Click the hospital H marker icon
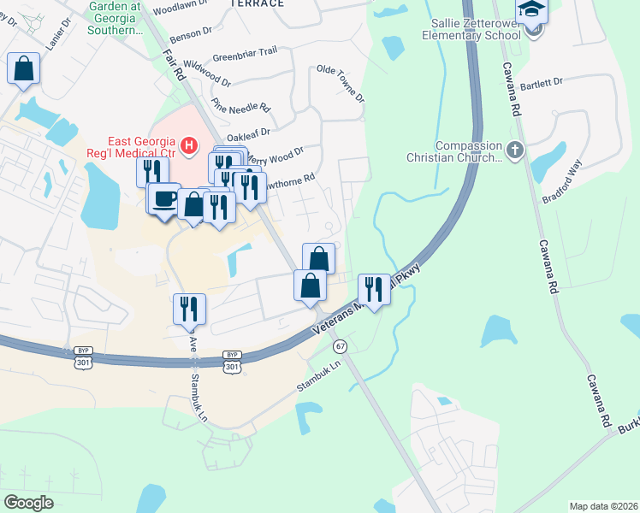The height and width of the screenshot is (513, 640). [189, 147]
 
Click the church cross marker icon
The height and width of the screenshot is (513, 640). [514, 150]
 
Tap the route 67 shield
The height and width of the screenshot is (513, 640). [341, 346]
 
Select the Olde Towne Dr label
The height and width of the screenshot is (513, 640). [341, 85]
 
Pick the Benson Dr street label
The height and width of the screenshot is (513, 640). [191, 32]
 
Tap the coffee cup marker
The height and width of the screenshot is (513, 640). [164, 200]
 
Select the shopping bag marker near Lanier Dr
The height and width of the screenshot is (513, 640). [24, 69]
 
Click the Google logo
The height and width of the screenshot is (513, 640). [28, 503]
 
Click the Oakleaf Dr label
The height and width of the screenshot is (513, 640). [249, 133]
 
